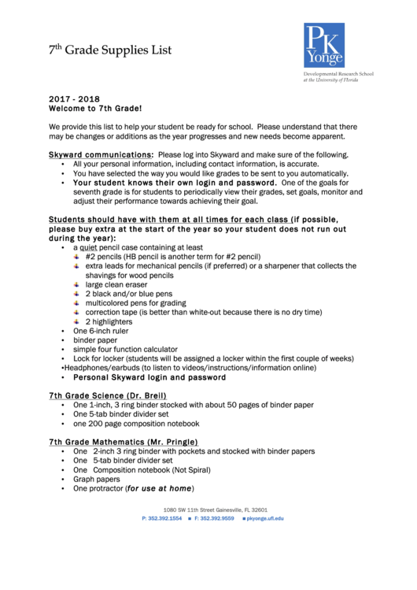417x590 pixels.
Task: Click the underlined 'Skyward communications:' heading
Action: click(101, 155)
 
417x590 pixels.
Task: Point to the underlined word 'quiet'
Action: click(87, 247)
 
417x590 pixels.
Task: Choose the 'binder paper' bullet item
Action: click(95, 340)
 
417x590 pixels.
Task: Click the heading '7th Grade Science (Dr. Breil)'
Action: click(107, 395)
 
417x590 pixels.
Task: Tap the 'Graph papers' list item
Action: click(97, 479)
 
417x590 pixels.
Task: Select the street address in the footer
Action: click(215, 510)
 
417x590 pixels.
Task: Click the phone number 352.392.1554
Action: click(165, 519)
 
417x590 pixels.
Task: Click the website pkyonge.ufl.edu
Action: click(264, 519)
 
